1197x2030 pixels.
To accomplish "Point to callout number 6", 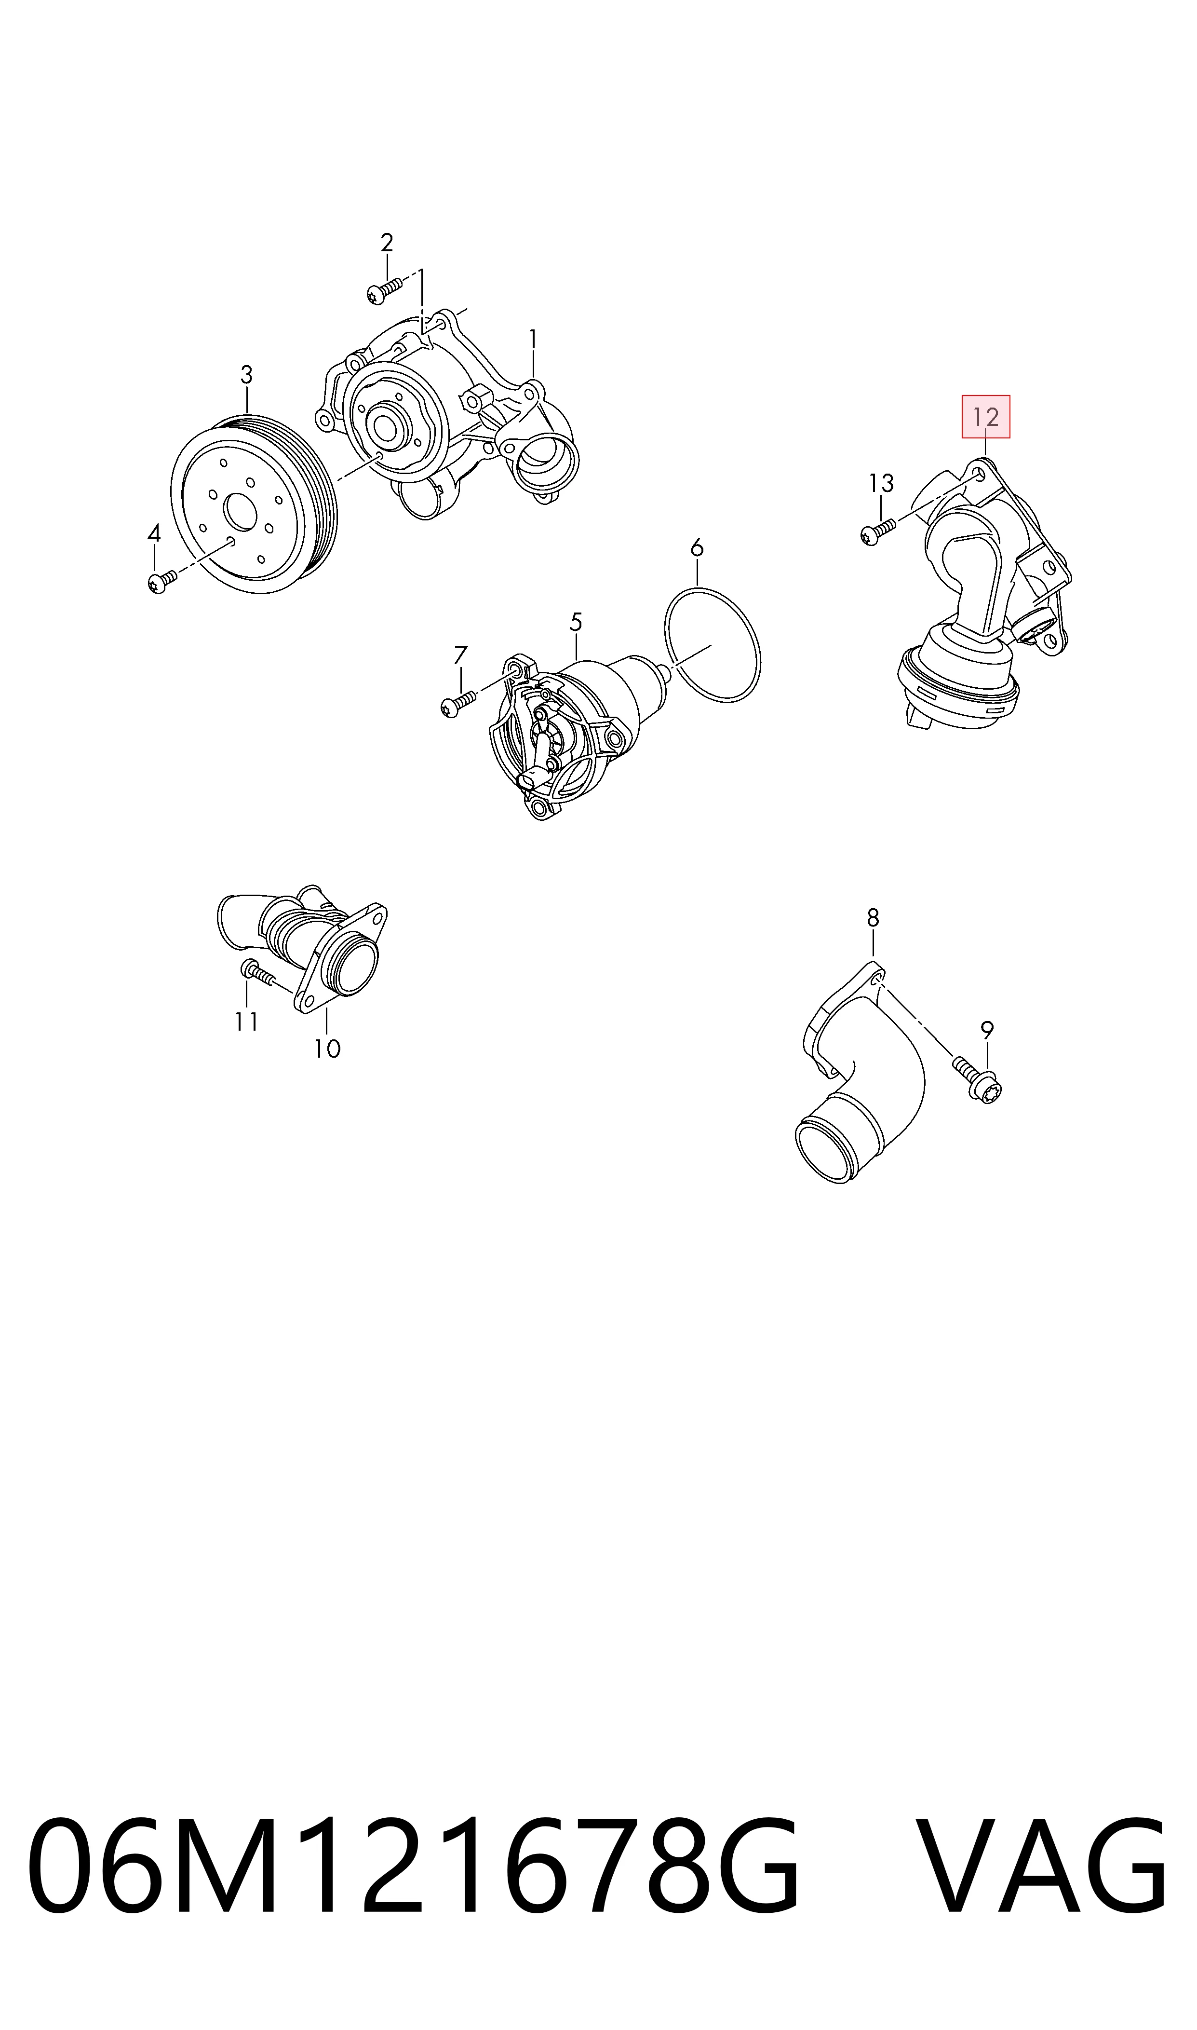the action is pos(697,549).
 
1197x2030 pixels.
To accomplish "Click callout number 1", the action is pos(532,339).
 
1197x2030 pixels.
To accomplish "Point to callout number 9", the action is pos(987,1030).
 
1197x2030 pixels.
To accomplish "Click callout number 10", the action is pos(327,1049).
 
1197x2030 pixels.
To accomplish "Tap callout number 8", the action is pos(873,918).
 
